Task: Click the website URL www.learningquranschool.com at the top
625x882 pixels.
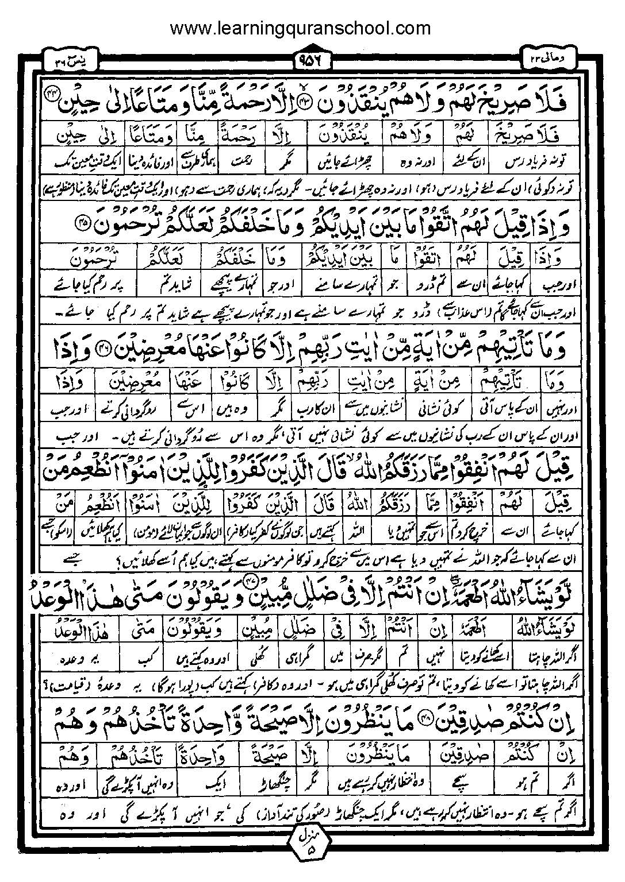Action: point(300,27)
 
